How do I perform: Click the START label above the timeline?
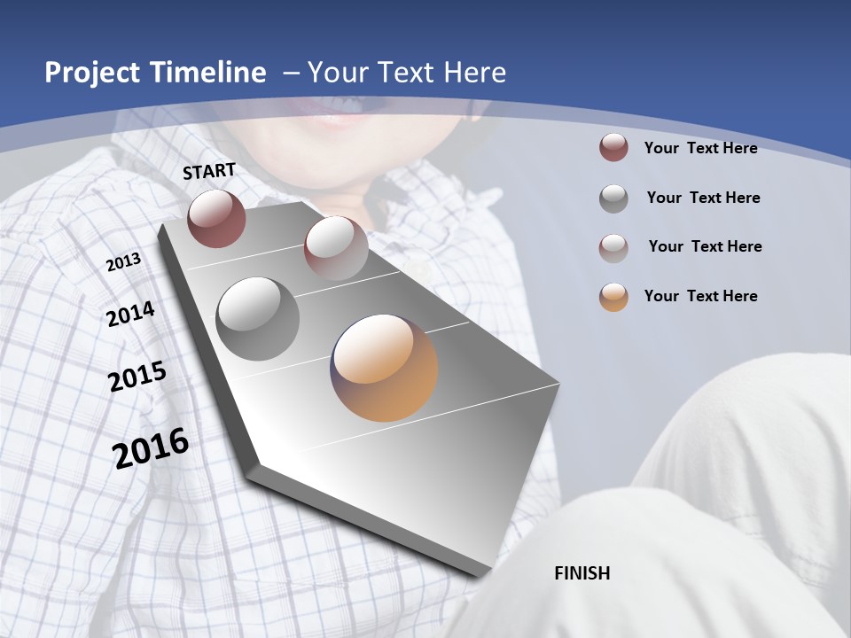pos(209,171)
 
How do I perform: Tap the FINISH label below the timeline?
pos(582,573)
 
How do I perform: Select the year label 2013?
pos(123,262)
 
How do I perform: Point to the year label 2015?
pos(137,377)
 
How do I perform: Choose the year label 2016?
pos(151,447)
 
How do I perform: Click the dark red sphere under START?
pos(216,218)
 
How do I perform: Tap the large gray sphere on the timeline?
pos(258,319)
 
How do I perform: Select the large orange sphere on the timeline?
pos(384,368)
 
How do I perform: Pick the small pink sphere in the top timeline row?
pos(336,248)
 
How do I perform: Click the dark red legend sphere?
pos(613,148)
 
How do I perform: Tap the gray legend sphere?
pos(613,198)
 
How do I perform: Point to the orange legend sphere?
pos(613,297)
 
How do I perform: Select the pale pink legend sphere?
pos(613,247)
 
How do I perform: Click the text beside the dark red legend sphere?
pos(700,148)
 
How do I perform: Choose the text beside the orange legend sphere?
pos(700,296)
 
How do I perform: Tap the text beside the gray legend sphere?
pos(703,198)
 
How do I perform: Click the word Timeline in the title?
pos(208,73)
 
